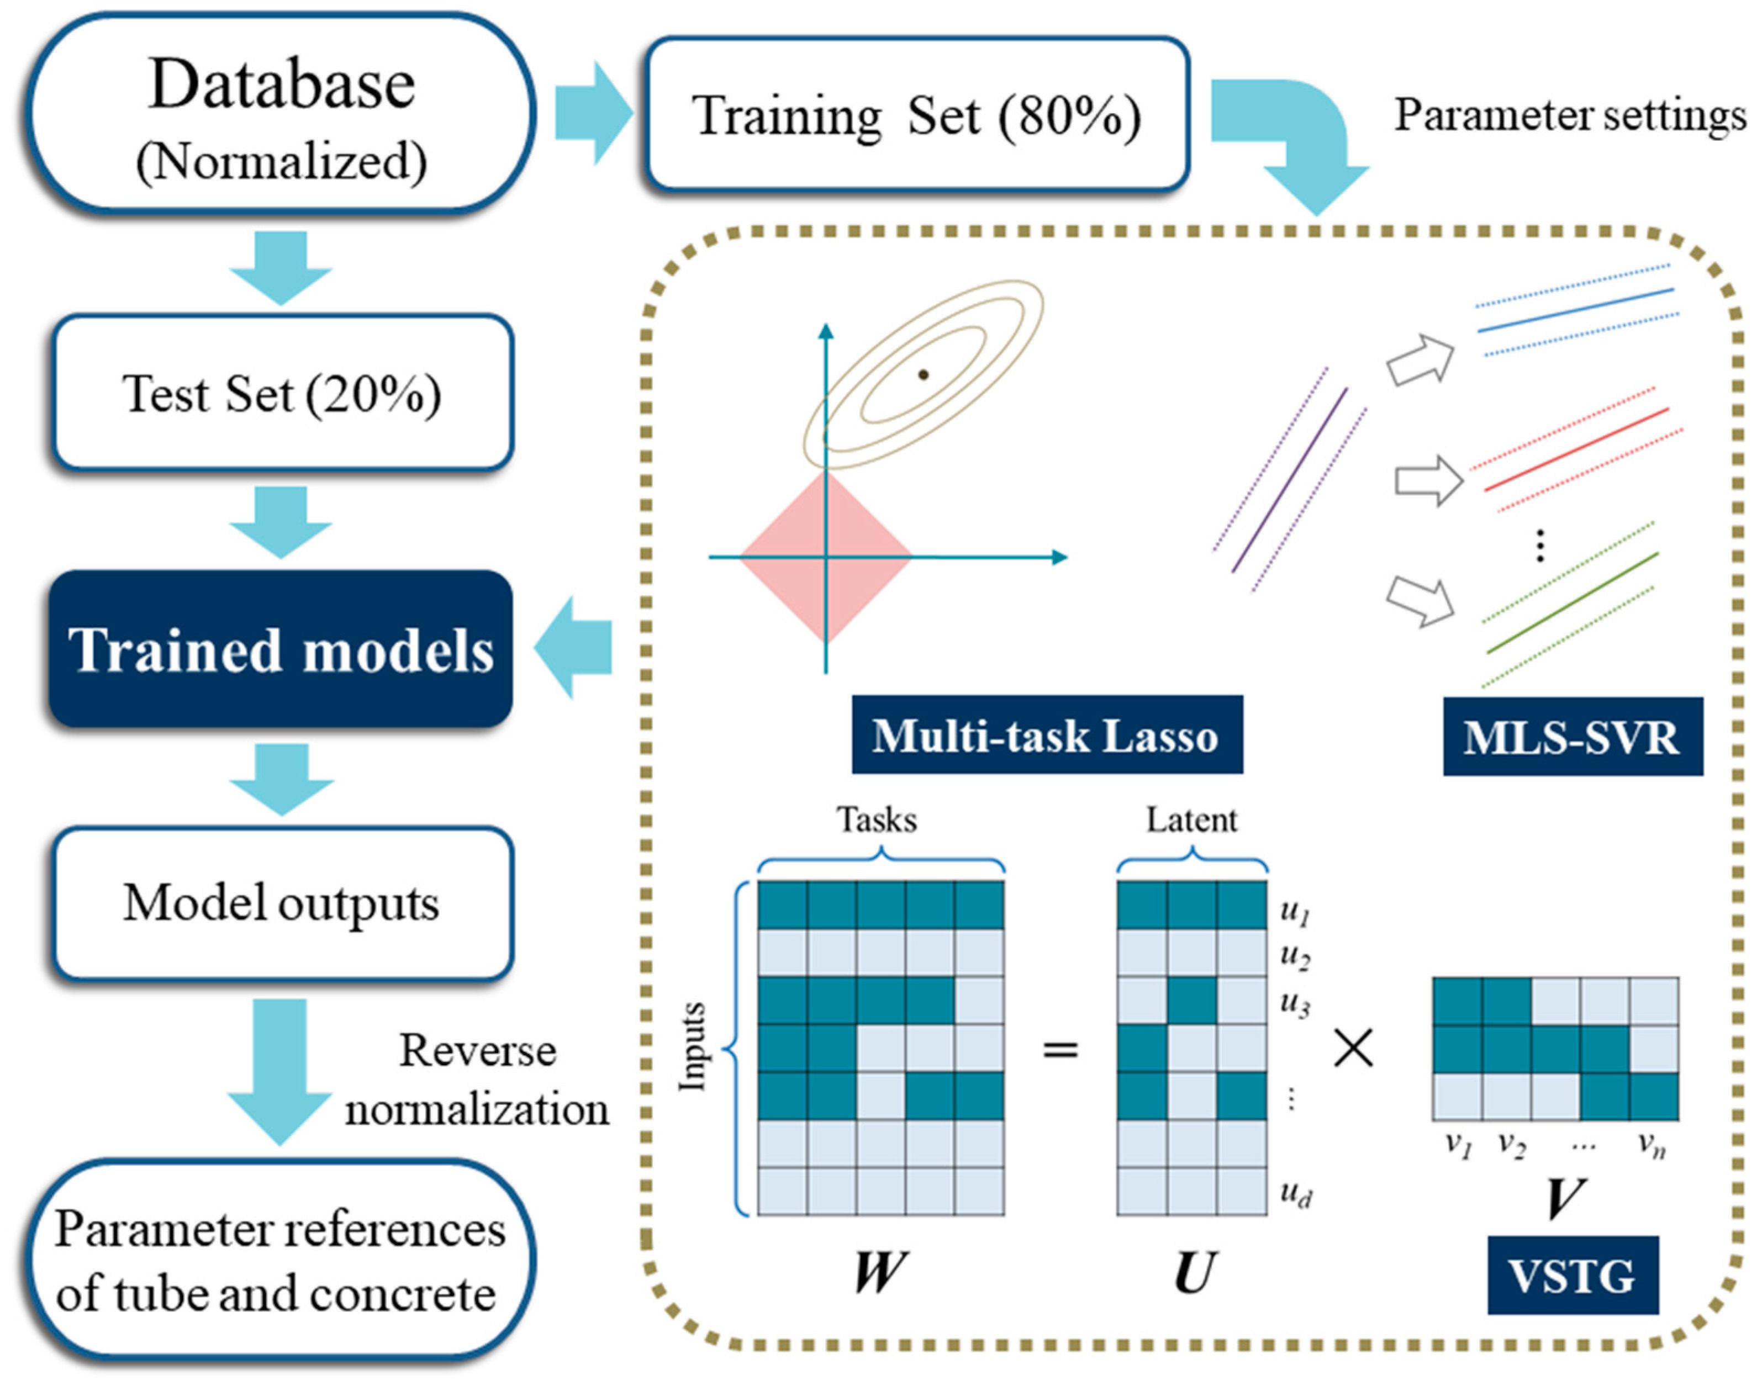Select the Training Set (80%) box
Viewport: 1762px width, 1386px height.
[x=917, y=116]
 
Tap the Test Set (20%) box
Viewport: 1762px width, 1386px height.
[x=282, y=394]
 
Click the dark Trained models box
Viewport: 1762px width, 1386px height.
[x=281, y=649]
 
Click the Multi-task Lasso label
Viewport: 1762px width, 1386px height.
[x=1046, y=734]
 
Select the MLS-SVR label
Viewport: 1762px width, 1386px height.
[x=1572, y=737]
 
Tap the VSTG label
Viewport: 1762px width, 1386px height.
[x=1572, y=1275]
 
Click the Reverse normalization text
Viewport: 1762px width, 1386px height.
[x=477, y=1080]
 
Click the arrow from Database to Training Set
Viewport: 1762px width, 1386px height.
[x=593, y=114]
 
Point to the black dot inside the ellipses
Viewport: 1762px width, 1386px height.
[x=923, y=374]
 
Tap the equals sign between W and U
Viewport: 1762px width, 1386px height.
[x=1060, y=1049]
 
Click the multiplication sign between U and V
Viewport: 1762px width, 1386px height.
[x=1353, y=1049]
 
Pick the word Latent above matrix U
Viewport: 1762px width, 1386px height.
[x=1191, y=821]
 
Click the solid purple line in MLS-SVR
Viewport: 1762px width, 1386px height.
[x=1289, y=480]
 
